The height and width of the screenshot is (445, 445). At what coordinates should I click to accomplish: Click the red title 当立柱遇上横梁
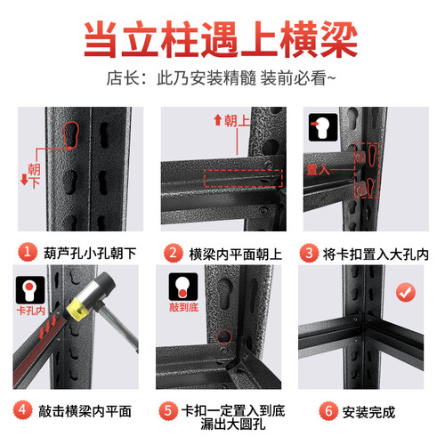pos(221,39)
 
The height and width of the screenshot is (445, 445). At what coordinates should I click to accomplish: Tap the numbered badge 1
pos(28,252)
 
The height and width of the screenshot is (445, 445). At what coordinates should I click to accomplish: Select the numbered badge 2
pos(173,253)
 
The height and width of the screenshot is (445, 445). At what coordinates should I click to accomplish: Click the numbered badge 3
pos(309,253)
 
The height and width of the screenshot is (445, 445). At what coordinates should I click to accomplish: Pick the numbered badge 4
pos(22,410)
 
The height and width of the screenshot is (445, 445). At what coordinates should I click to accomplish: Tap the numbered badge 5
pos(168,411)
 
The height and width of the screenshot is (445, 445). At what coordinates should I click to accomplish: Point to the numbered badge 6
pos(328,411)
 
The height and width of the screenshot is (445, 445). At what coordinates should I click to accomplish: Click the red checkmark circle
pos(406,292)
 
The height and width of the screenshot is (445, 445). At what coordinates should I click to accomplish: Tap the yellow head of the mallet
pos(77,309)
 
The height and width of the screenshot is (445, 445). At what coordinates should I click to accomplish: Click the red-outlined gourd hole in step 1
pos(71,134)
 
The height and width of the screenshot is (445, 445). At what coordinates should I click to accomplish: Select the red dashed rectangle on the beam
pos(243,178)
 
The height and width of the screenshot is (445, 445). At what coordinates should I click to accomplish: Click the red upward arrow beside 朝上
pos(218,120)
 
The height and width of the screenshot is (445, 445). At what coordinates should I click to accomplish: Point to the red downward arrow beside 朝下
pos(24,180)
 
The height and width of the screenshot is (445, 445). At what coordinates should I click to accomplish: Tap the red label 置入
pos(318,170)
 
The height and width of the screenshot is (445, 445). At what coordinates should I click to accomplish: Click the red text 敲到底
pos(183,307)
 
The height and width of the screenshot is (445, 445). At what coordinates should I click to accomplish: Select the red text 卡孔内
pos(31,311)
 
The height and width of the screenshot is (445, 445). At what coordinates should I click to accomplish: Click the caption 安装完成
pos(368,412)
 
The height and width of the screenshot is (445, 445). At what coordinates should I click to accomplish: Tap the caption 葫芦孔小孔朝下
pos(90,254)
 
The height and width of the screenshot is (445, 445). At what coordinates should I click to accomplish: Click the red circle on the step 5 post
pos(224,337)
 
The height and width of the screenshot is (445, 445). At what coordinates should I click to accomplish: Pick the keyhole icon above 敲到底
pos(183,287)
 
